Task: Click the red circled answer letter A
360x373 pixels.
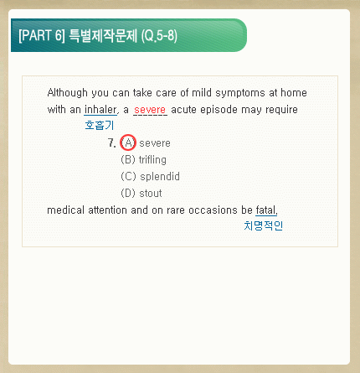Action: click(x=128, y=142)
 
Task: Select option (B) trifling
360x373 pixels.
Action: click(x=144, y=160)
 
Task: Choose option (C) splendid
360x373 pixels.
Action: click(x=151, y=176)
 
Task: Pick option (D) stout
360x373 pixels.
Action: click(x=141, y=193)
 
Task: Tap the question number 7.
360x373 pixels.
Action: click(x=112, y=143)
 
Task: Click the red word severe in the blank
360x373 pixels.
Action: click(x=150, y=110)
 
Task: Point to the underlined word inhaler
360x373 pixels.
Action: click(x=100, y=110)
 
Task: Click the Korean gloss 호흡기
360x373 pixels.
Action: click(x=100, y=125)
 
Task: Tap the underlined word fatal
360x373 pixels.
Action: click(x=266, y=210)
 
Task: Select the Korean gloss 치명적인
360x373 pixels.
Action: click(x=264, y=225)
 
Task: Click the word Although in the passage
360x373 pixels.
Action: click(x=68, y=93)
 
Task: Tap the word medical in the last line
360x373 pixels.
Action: click(x=66, y=210)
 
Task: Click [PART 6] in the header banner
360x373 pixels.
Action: click(x=42, y=35)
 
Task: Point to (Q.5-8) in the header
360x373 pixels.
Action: click(x=159, y=36)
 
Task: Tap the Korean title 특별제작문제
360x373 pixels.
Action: click(x=103, y=35)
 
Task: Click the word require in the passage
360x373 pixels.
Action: click(x=281, y=110)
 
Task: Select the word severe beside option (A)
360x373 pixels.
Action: click(x=155, y=143)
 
